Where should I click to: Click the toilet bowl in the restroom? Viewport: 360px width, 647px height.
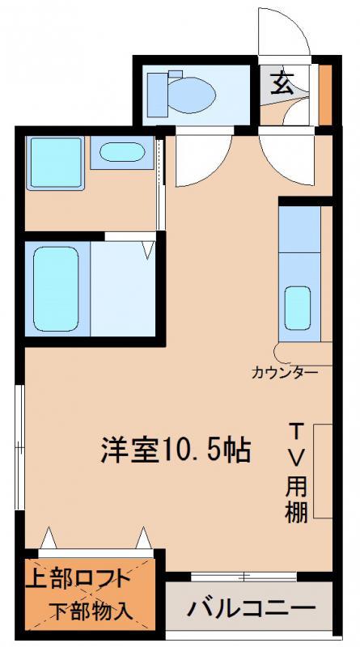(x=192, y=95)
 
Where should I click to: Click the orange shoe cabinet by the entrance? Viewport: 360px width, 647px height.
(x=326, y=95)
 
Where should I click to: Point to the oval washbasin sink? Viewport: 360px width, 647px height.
(x=122, y=152)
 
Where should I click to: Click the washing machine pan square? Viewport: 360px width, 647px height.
(x=55, y=163)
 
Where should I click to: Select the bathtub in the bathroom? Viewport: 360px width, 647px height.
(x=56, y=289)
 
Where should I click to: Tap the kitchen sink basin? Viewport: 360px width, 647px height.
(x=297, y=308)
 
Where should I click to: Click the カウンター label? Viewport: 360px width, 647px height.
(x=285, y=373)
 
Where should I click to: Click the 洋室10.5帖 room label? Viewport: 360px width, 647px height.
(x=176, y=450)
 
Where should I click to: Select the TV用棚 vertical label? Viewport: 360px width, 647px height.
(x=297, y=473)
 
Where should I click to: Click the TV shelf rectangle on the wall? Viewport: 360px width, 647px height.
(x=323, y=471)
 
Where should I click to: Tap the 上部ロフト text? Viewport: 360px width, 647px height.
(x=78, y=579)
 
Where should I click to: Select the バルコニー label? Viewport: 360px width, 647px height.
(x=251, y=607)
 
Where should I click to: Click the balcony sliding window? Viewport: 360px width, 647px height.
(x=244, y=577)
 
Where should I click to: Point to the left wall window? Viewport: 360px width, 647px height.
(x=19, y=447)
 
